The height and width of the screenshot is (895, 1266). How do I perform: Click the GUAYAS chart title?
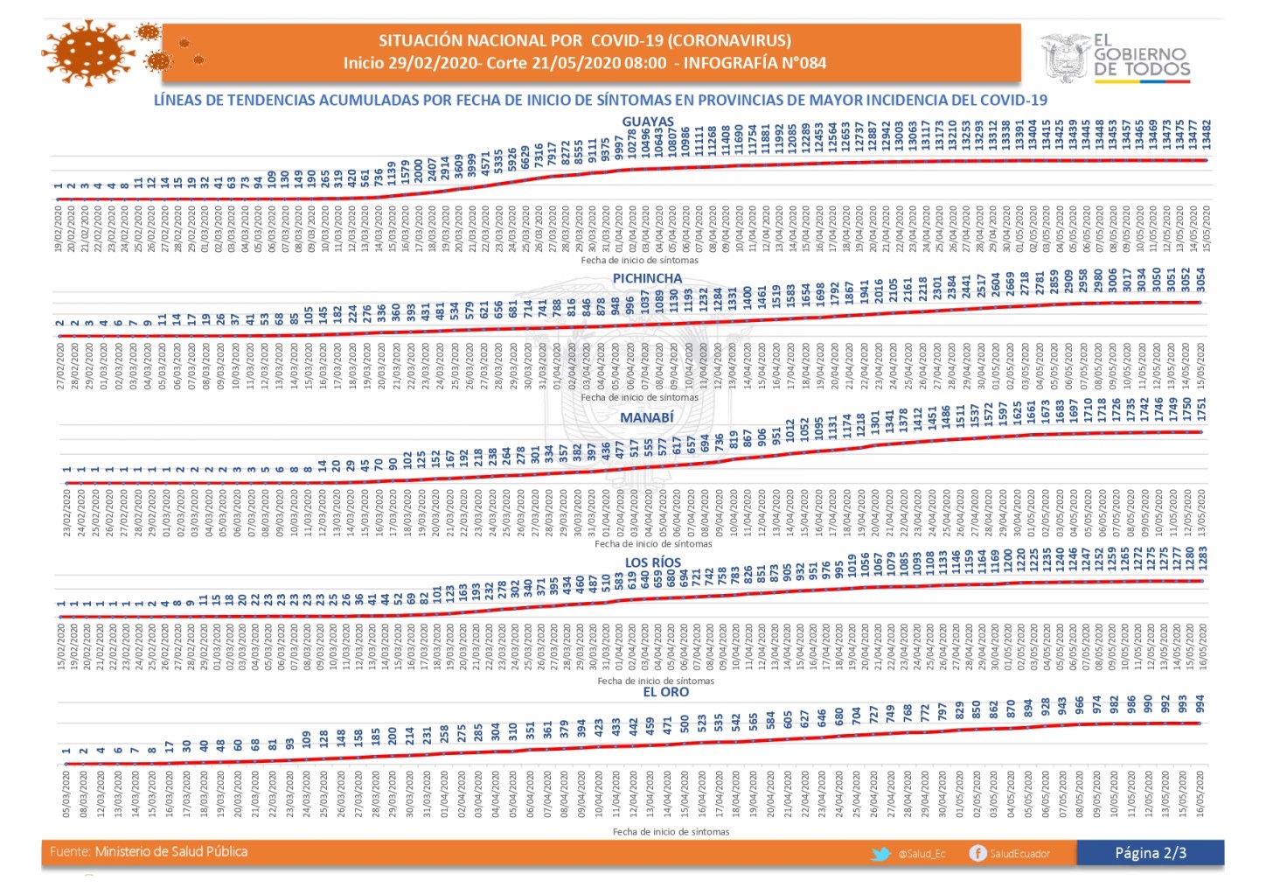pyautogui.click(x=648, y=122)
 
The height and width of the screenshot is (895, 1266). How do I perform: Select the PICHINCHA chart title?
pyautogui.click(x=647, y=278)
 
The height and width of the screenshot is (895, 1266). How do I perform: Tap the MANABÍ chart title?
pyautogui.click(x=647, y=418)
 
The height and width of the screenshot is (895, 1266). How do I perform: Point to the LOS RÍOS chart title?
pyautogui.click(x=652, y=563)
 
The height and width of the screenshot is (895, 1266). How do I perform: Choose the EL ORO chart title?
pyautogui.click(x=665, y=692)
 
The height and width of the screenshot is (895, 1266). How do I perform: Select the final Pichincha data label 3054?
pyautogui.click(x=1201, y=280)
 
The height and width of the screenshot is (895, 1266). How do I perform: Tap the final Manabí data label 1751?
pyautogui.click(x=1201, y=409)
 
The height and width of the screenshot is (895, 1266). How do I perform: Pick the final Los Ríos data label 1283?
pyautogui.click(x=1203, y=558)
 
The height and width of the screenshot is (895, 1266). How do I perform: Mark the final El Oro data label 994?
pyautogui.click(x=1200, y=705)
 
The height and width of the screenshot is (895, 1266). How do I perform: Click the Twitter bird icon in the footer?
pyautogui.click(x=880, y=853)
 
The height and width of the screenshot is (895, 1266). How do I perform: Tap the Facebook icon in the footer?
pyautogui.click(x=977, y=853)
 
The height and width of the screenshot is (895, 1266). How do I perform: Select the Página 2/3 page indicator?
pyautogui.click(x=1150, y=853)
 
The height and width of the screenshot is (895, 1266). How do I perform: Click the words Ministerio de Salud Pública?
pyautogui.click(x=171, y=851)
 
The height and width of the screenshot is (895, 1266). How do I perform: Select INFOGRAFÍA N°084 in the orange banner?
pyautogui.click(x=755, y=63)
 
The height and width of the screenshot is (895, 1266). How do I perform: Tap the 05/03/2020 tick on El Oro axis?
pyautogui.click(x=66, y=793)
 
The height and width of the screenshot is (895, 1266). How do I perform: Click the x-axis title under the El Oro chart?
pyautogui.click(x=671, y=832)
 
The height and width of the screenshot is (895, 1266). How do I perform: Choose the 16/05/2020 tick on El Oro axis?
pyautogui.click(x=1200, y=793)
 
